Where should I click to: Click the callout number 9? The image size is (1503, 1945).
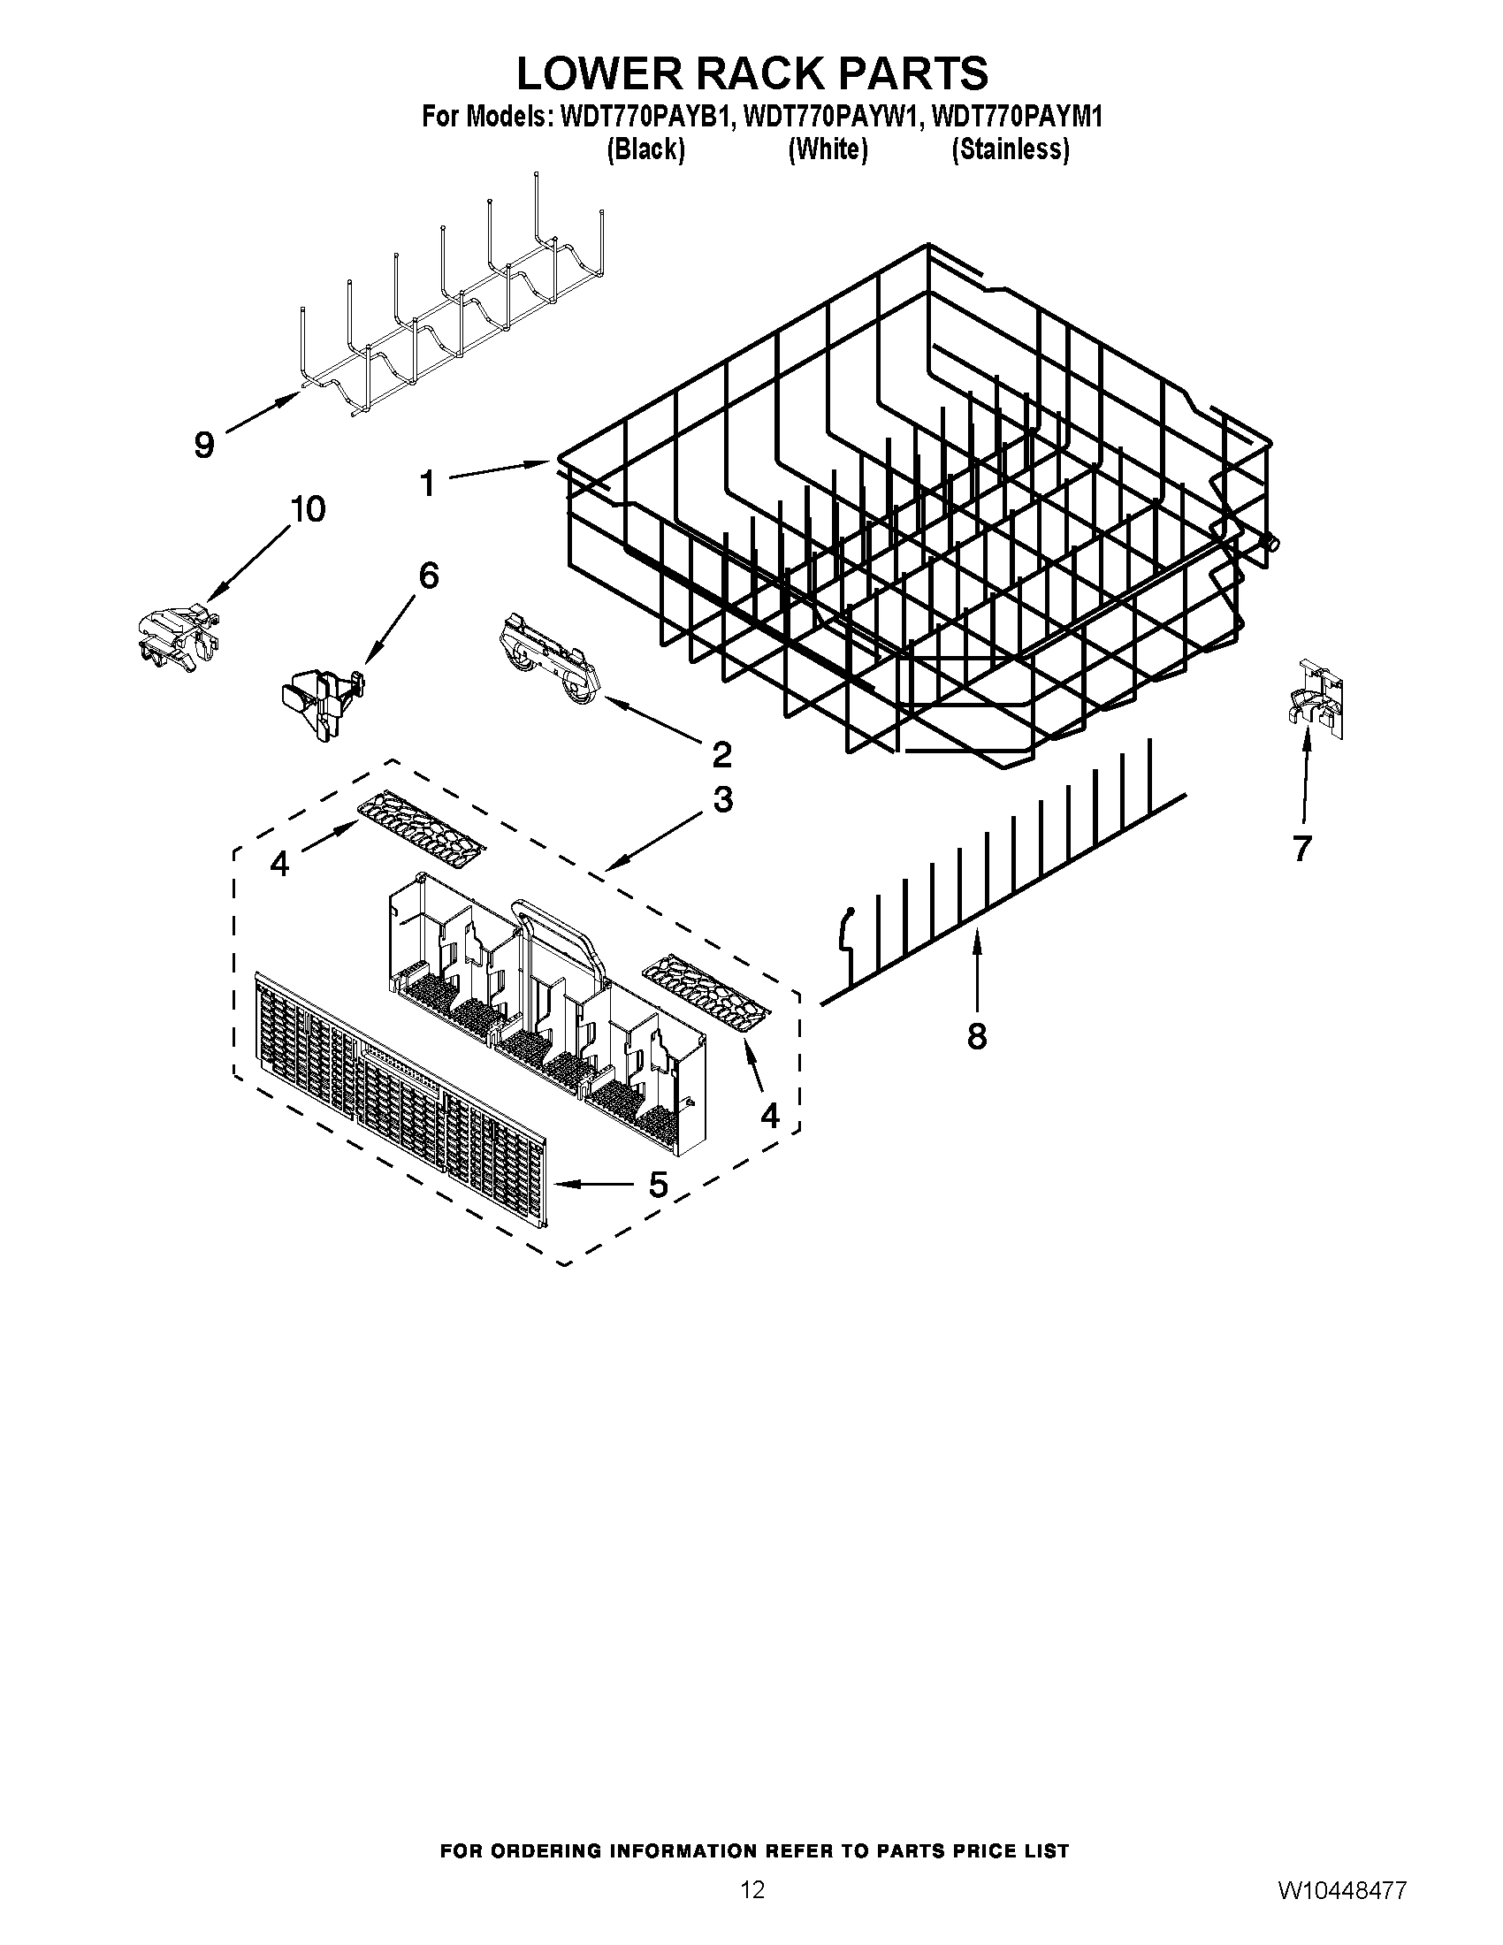coord(204,444)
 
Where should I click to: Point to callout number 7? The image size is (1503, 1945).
coord(1301,849)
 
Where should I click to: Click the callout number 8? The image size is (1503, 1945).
coord(977,1036)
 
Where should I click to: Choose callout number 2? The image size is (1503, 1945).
coord(721,753)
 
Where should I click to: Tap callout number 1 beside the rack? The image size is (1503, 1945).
coord(428,484)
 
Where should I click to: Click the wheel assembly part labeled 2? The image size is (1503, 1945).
coord(549,662)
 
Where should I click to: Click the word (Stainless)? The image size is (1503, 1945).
coord(1010,149)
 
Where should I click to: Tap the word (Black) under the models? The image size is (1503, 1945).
coord(645,149)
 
